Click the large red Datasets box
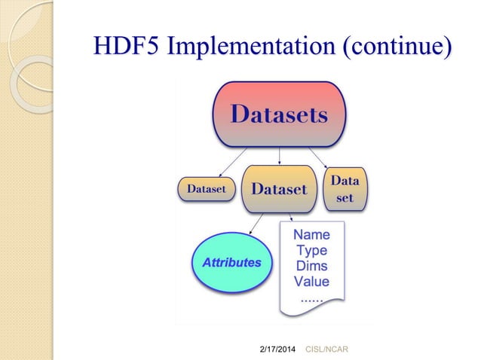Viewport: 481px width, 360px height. point(279,115)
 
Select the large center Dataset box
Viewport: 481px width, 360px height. point(279,189)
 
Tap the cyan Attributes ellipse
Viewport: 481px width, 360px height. point(231,263)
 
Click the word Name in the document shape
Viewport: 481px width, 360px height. point(311,235)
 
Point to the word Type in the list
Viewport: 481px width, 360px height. point(311,251)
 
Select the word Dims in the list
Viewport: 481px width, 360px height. point(311,267)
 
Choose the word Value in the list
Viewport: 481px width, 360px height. point(311,282)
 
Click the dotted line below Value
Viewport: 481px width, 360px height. point(311,298)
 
